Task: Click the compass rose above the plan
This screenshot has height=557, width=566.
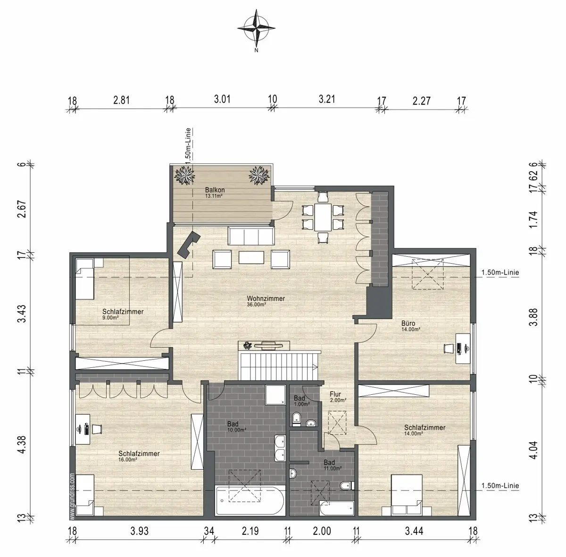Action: click(256, 29)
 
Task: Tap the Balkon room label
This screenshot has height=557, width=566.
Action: click(215, 190)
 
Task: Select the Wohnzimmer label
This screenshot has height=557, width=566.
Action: click(266, 299)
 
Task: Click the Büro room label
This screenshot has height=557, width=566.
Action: click(408, 324)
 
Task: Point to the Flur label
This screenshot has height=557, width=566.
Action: click(335, 394)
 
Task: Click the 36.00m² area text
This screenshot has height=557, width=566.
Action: click(257, 305)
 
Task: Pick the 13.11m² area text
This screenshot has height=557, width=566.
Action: click(214, 196)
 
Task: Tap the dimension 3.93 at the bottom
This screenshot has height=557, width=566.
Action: click(140, 531)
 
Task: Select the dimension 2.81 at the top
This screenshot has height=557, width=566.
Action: click(121, 100)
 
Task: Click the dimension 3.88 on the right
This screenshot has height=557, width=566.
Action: click(533, 317)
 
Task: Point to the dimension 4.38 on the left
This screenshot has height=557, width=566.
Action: click(22, 445)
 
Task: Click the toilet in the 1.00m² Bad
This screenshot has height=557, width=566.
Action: click(296, 419)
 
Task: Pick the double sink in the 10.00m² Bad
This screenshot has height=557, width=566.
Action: click(280, 448)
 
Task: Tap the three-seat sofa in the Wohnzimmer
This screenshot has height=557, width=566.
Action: click(251, 236)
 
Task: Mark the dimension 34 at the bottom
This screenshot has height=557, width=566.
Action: click(209, 531)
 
